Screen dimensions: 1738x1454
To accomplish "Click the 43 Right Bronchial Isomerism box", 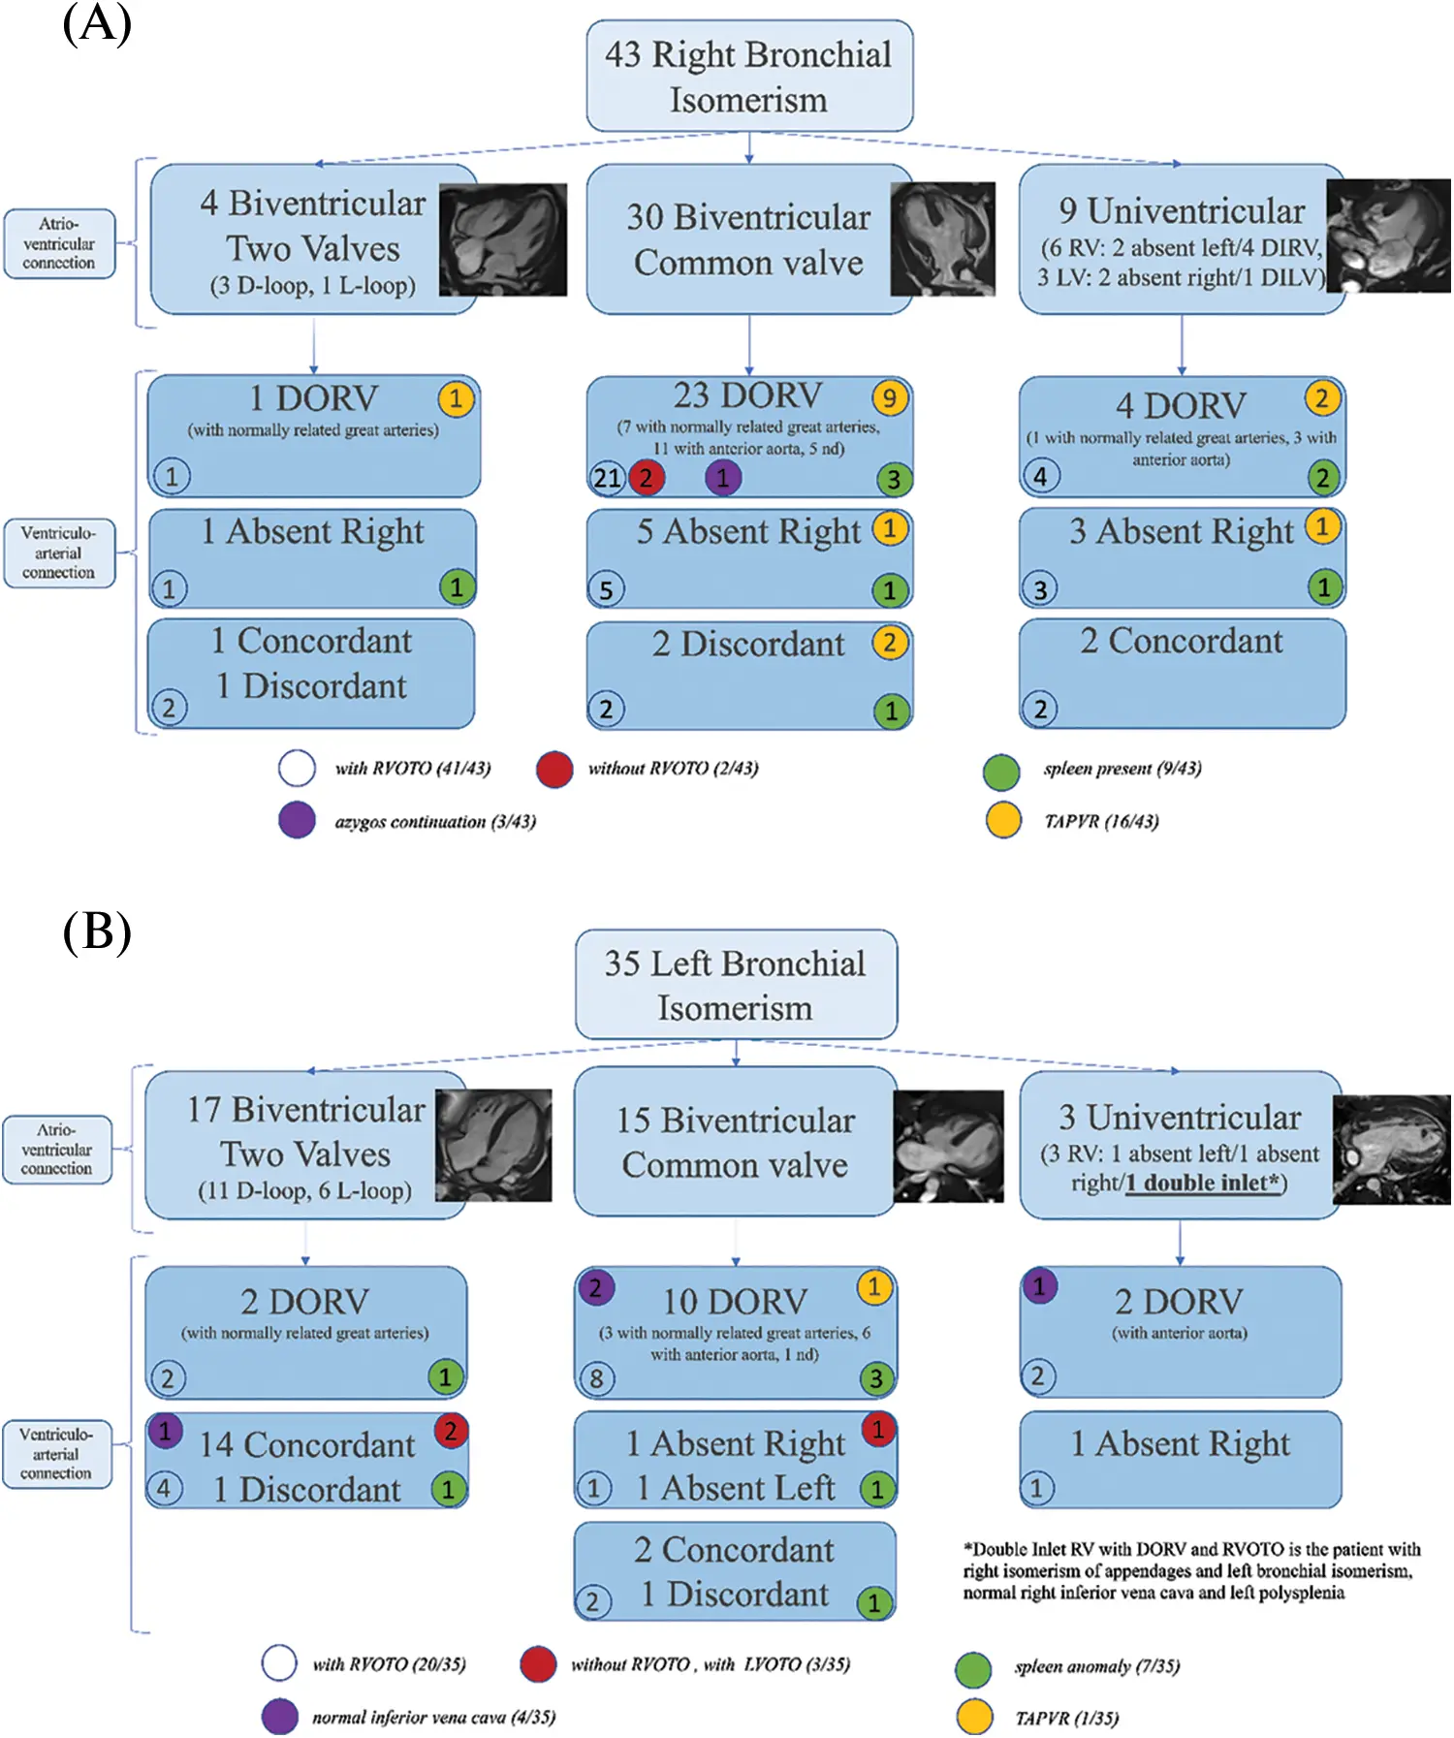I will [x=748, y=77].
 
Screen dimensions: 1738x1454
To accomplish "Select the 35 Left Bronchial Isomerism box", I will [x=736, y=985].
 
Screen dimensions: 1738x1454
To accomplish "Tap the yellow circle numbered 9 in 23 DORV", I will [x=889, y=397].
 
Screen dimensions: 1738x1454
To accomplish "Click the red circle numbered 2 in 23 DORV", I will [x=646, y=477].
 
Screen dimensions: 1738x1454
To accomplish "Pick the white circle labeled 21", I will [x=608, y=478].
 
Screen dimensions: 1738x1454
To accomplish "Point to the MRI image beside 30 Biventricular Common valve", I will [x=942, y=238].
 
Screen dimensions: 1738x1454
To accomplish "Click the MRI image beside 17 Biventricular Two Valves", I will [x=493, y=1145].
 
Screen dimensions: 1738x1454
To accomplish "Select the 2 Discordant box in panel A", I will [x=748, y=675].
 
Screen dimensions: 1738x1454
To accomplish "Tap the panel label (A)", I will [x=96, y=23].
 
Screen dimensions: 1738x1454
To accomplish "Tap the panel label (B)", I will [x=96, y=932].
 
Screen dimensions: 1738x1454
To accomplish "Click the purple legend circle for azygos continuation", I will [x=297, y=820].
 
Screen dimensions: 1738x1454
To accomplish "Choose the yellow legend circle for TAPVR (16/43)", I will [x=1002, y=820].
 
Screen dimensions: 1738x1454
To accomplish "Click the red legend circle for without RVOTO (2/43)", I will [x=553, y=769].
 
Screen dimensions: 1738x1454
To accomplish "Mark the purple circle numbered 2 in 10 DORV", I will [x=595, y=1287].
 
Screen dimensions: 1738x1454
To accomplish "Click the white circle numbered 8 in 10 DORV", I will [x=596, y=1377].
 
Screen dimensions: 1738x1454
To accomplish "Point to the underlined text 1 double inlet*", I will [x=1203, y=1183].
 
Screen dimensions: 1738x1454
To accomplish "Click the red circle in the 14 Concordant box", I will [x=451, y=1431].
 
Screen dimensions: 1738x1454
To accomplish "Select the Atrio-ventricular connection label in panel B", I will [x=56, y=1150].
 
